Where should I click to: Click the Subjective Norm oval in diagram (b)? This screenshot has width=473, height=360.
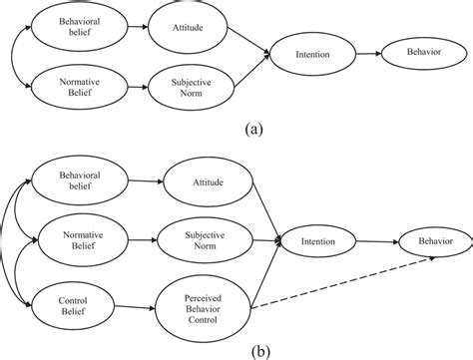pyautogui.click(x=205, y=240)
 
